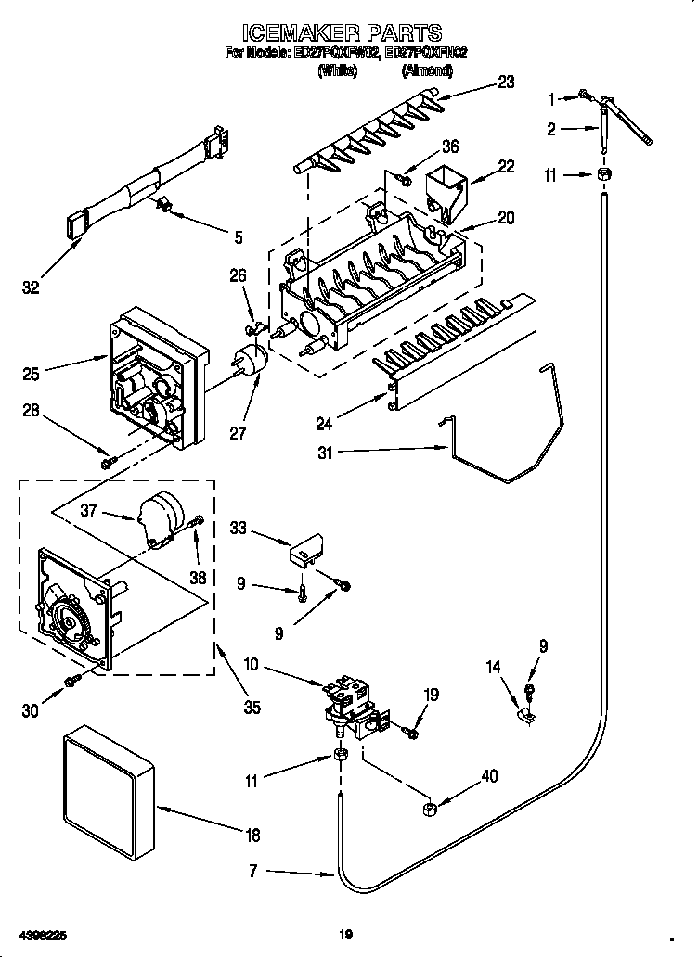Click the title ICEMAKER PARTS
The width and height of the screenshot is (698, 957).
pyautogui.click(x=348, y=34)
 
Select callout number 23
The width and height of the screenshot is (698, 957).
pyautogui.click(x=505, y=82)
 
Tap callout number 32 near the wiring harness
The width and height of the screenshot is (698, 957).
pyautogui.click(x=31, y=288)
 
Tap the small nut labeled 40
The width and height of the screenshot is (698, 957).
pyautogui.click(x=430, y=810)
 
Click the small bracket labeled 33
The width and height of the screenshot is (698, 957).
pyautogui.click(x=303, y=551)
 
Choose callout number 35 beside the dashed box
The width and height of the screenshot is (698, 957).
pyautogui.click(x=252, y=707)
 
